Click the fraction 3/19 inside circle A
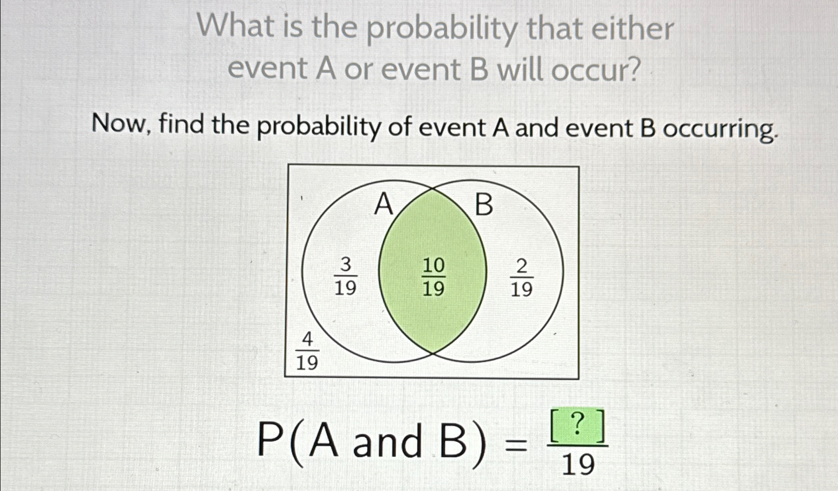tap(345, 277)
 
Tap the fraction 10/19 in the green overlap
tap(433, 277)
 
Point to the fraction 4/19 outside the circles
tap(307, 352)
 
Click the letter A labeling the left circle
tap(383, 204)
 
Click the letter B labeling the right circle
tap(484, 204)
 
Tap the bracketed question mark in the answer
tap(577, 426)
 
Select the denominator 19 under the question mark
tap(578, 465)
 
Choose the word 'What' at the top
tap(233, 26)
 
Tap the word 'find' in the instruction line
tap(182, 124)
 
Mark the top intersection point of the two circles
tap(433, 189)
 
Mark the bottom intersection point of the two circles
tap(433, 353)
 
